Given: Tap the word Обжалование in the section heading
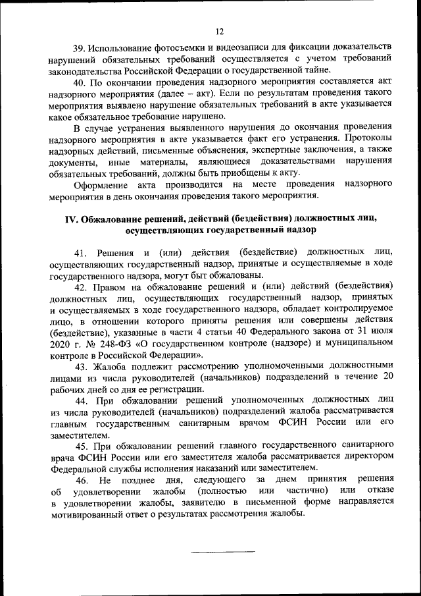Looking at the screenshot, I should click(x=112, y=219).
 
